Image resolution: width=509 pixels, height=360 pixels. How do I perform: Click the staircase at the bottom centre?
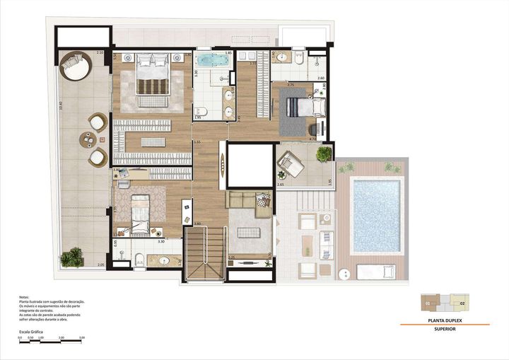pyautogui.click(x=203, y=255)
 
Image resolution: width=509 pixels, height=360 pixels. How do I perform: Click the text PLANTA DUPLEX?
pyautogui.click(x=445, y=320)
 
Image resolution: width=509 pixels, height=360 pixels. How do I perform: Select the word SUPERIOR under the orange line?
pyautogui.click(x=445, y=329)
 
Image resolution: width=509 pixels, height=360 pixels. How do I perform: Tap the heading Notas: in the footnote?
pyautogui.click(x=25, y=296)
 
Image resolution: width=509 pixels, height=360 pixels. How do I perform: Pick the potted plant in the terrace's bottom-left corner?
pyautogui.click(x=71, y=258)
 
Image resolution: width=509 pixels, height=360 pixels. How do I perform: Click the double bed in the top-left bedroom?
pyautogui.click(x=153, y=79)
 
